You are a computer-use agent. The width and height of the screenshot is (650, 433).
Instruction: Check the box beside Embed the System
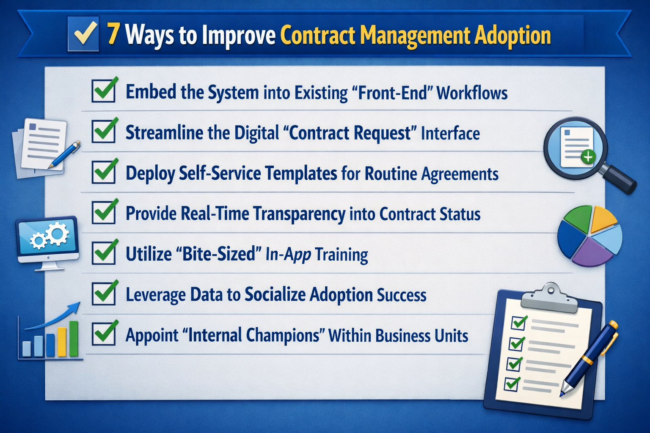pos(104,91)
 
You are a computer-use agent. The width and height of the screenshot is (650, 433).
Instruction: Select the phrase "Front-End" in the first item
pos(392,93)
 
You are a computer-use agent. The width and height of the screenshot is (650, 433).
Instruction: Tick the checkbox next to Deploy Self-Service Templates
pos(104,172)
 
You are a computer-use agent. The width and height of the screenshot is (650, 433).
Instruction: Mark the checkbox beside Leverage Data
pos(104,293)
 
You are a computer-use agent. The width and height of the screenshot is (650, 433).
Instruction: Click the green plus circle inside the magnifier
pos(588,157)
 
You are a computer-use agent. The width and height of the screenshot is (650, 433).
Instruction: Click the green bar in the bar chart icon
pos(74,338)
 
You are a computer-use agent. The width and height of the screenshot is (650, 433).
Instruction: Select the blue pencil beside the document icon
pos(65,155)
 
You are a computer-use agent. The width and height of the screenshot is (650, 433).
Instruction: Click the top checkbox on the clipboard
pos(519,322)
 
